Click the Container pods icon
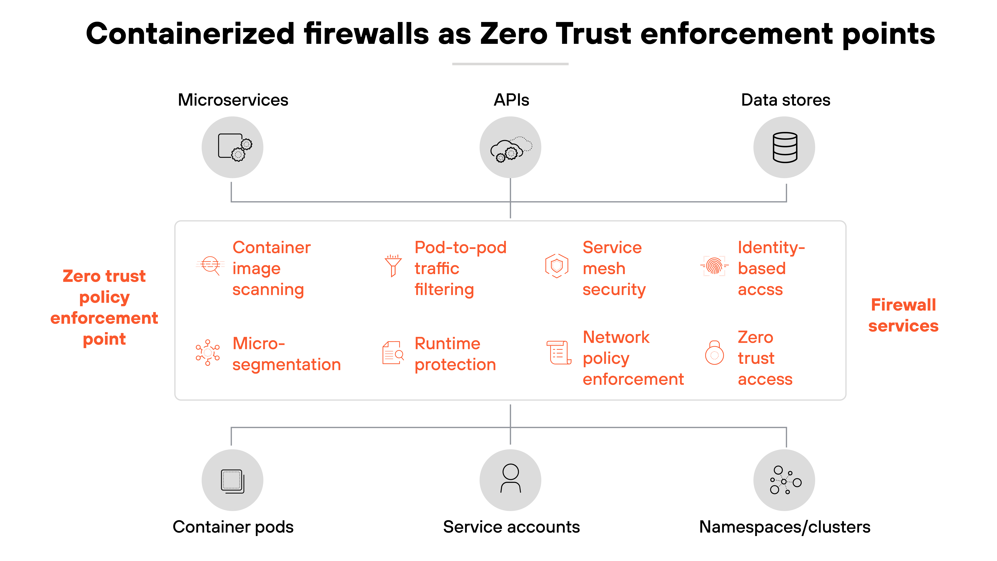coord(232,480)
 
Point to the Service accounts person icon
coord(510,480)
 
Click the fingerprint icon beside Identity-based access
coord(714,266)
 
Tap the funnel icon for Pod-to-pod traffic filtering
coord(393,266)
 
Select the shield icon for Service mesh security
coord(557,266)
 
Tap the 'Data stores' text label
coord(785,100)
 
